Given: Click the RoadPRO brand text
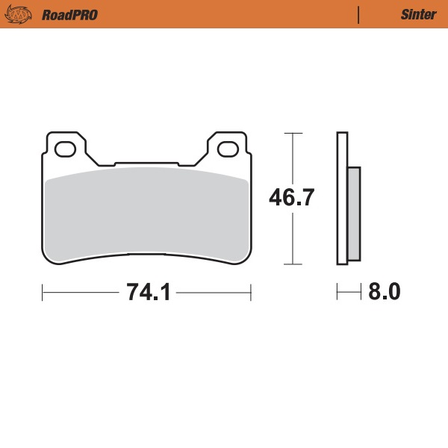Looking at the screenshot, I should [x=69, y=14].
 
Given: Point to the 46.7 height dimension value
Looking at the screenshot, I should [x=292, y=199].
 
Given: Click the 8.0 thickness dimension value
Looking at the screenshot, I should [x=385, y=292].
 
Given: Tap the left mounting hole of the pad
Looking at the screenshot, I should [x=64, y=149].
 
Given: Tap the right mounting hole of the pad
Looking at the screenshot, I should [x=228, y=149].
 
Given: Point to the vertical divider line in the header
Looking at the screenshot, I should [x=359, y=14].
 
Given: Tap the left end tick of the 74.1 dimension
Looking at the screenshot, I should [x=42, y=292].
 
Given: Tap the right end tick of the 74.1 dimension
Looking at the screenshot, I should [x=250, y=292].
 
